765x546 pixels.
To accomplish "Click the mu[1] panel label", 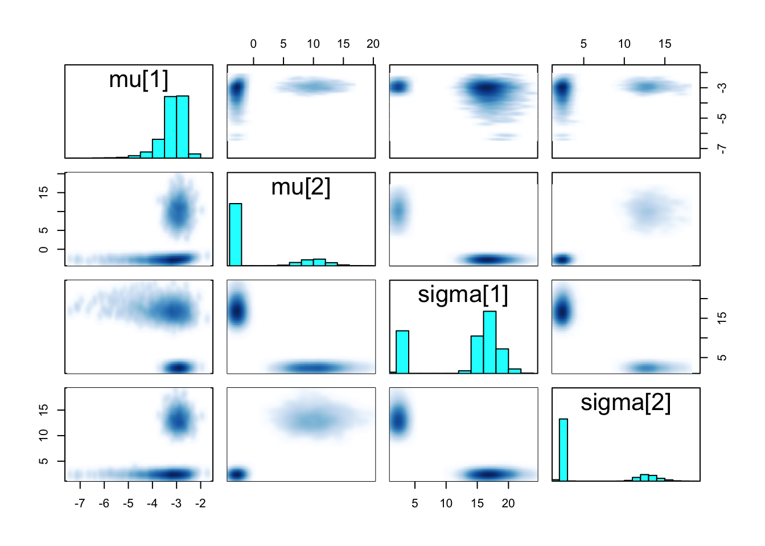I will pos(138,80).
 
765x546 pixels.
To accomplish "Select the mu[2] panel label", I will pos(301,187).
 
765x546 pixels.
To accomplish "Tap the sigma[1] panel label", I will pos(463,295).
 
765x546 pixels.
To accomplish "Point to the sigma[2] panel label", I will pos(626,402).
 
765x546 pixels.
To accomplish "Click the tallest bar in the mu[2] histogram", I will pos(235,234).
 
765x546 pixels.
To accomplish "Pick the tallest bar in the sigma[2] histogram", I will pos(564,449).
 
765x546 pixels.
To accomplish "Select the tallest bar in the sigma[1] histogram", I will pos(490,342).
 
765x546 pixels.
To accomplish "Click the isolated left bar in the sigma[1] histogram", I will pos(402,351).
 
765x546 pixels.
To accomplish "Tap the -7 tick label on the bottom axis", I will pos(80,503).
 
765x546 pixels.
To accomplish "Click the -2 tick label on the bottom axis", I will pos(200,503).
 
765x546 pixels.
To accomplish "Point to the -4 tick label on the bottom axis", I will pos(152,503).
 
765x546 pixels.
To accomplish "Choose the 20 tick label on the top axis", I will pos(373,44).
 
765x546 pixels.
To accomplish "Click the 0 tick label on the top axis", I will pos(253,44).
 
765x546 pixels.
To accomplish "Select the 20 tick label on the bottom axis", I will pos(508,503).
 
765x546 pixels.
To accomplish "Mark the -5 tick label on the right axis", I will pos(722,118).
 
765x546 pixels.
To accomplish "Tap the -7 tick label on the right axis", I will pos(722,148).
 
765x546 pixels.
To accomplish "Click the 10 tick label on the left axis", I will pos(44,435).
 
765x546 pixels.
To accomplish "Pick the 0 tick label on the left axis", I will pos(44,250).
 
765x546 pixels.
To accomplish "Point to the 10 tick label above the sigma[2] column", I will pos(624,44).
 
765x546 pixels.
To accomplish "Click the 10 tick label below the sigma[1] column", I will pos(446,503).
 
